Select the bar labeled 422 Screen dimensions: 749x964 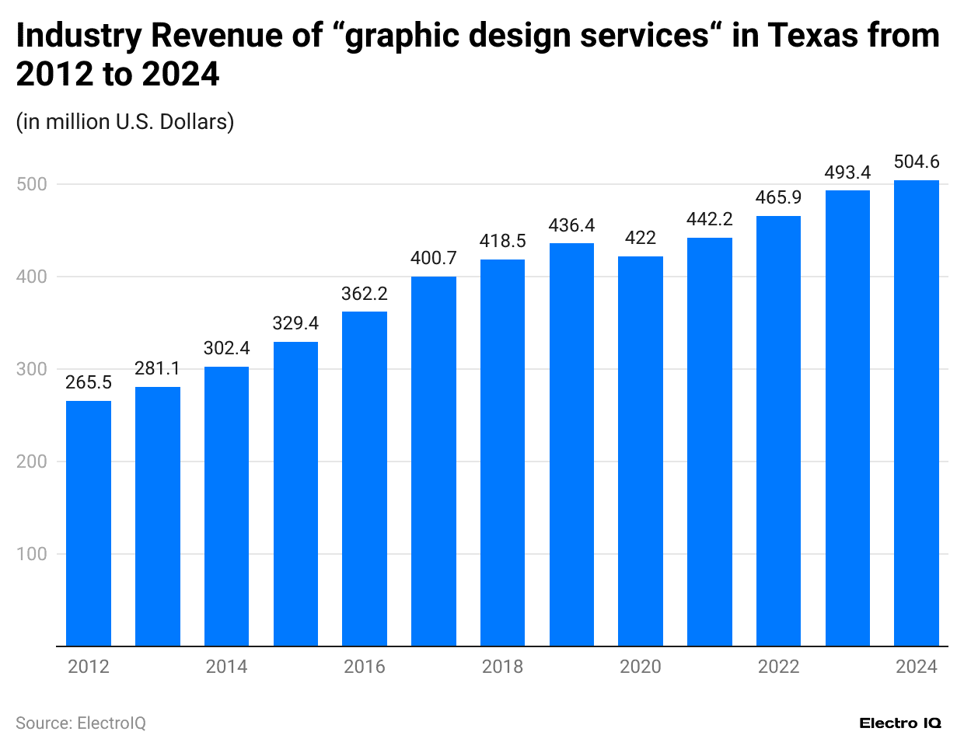641,451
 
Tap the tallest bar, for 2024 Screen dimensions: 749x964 917,413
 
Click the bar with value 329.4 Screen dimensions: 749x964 295,493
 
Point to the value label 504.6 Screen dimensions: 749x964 917,162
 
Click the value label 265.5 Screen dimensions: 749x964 89,382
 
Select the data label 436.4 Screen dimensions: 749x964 571,225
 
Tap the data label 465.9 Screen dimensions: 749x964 778,197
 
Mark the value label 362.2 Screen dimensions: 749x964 365,294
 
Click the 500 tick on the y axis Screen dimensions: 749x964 32,184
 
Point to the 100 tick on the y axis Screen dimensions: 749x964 32,554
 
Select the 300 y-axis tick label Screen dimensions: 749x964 32,369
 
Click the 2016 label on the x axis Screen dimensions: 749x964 365,667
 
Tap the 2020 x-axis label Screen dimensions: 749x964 641,667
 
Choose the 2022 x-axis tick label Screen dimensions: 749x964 778,667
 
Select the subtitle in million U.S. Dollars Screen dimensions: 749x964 125,122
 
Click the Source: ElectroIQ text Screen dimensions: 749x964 81,723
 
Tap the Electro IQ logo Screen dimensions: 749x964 900,723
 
